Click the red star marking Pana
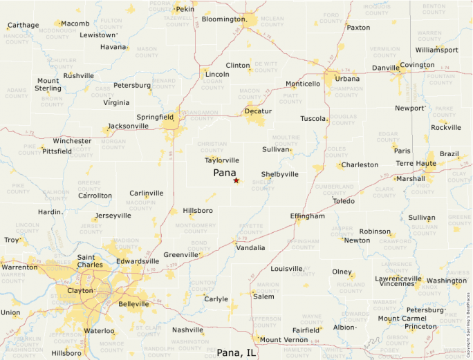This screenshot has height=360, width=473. pos(236,180)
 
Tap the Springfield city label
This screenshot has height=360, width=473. pos(155,117)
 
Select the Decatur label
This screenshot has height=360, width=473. pos(258,111)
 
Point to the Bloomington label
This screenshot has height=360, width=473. pos(223,19)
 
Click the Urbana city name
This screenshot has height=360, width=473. pos(347,79)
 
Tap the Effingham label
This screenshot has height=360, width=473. pos(307,216)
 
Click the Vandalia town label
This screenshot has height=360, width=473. pos(250,247)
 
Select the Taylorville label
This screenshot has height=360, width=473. pos(222,160)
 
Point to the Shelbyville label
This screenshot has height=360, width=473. pos(279,174)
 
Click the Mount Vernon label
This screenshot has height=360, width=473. pos(284,340)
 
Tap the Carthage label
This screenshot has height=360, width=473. pos(23,26)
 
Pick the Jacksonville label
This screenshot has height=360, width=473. pos(128,126)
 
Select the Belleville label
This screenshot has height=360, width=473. pos(133,304)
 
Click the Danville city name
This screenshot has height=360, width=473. pos(385,68)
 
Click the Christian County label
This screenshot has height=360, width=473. pos(212,147)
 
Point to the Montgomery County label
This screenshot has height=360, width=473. pos(196,229)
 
